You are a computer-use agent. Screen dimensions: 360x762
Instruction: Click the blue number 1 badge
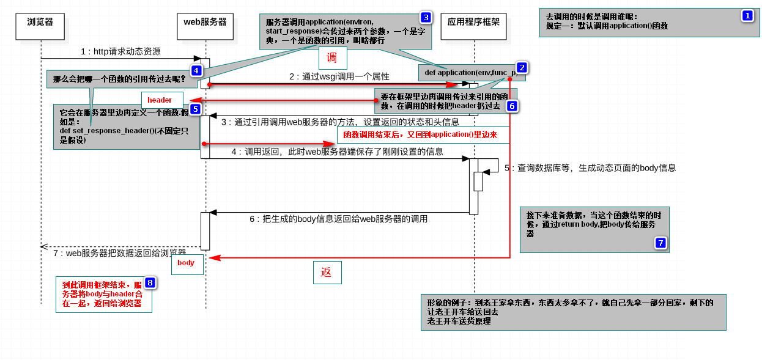point(747,16)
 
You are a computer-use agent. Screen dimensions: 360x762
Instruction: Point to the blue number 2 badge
point(521,67)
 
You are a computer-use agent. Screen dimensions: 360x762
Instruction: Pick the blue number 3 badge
point(425,17)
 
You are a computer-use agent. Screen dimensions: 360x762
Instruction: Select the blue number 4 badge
point(196,70)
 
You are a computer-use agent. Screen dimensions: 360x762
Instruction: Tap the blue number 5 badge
point(195,109)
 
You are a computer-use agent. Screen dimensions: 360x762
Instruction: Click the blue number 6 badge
point(512,106)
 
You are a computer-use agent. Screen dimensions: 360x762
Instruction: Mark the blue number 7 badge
point(660,243)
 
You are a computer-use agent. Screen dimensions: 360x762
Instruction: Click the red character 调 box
point(331,59)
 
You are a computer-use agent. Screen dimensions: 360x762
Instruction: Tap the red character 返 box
point(327,273)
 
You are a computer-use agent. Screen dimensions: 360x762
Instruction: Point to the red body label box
point(187,263)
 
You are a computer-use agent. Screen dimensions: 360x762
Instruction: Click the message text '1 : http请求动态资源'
point(120,52)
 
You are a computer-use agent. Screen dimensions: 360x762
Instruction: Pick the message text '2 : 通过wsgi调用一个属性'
point(339,76)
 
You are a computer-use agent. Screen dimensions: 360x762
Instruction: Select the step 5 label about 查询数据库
point(590,167)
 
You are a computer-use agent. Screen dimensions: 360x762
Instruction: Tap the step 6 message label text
point(338,219)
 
